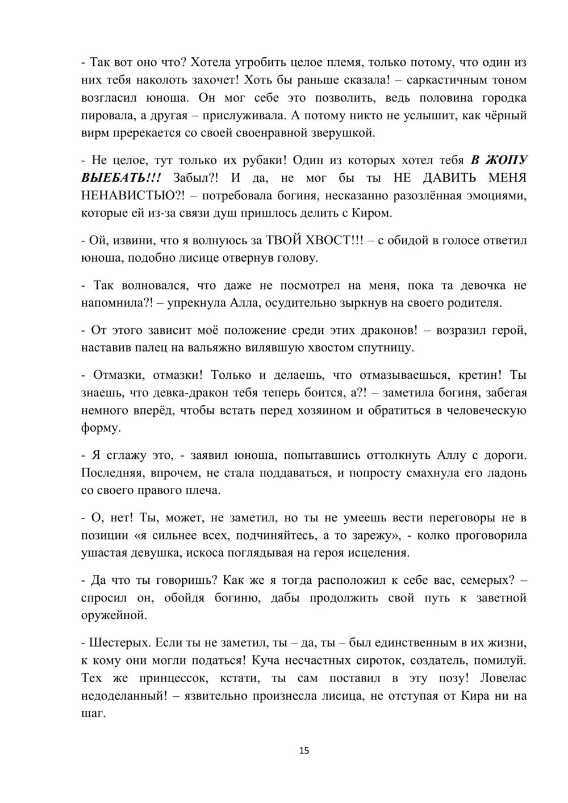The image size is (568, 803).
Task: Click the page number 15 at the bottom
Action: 304,751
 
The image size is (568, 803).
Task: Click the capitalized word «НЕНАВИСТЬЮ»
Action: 131,196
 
